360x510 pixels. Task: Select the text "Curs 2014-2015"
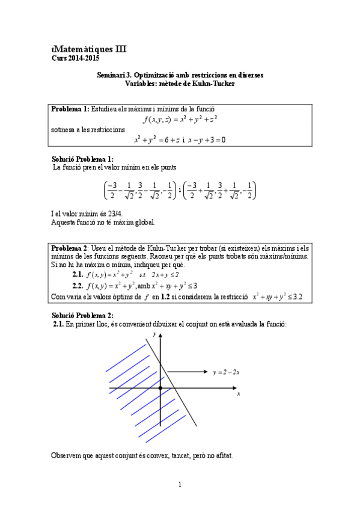[x=76, y=58]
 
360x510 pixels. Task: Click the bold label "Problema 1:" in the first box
[x=70, y=109]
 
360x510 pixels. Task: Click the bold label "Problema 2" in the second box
[x=70, y=248]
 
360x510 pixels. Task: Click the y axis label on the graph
[x=155, y=334]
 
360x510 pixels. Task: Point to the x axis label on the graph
[x=239, y=394]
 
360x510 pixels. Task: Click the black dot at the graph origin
[x=160, y=389]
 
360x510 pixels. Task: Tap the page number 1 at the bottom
[x=180, y=484]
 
